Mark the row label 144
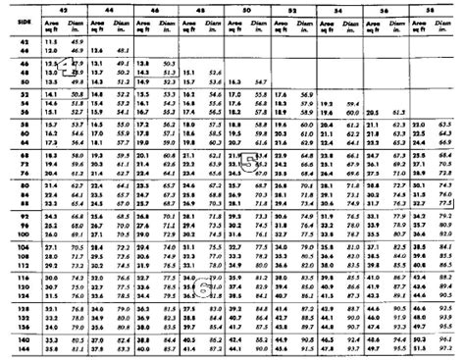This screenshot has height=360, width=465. tap(20, 347)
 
